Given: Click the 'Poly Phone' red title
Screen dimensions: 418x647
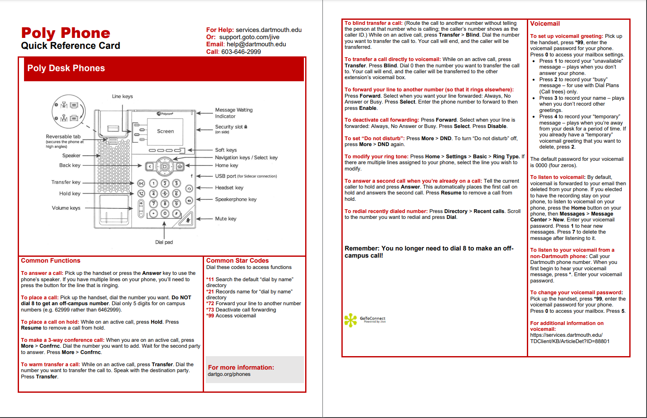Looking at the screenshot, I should pyautogui.click(x=66, y=33).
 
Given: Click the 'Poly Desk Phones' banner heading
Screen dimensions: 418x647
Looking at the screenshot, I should pyautogui.click(x=66, y=68).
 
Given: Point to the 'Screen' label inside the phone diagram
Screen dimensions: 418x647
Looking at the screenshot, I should pyautogui.click(x=165, y=131).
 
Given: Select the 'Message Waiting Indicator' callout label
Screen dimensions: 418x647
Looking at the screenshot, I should pyautogui.click(x=234, y=113).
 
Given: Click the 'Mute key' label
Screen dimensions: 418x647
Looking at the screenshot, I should pyautogui.click(x=226, y=219).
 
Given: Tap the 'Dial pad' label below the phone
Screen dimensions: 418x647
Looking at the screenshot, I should pyautogui.click(x=164, y=242).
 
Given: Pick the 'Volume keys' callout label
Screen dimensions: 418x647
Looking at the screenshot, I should pyautogui.click(x=66, y=208).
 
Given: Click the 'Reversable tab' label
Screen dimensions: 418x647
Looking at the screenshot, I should pyautogui.click(x=63, y=136).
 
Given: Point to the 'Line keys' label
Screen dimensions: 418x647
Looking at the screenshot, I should pyautogui.click(x=122, y=96).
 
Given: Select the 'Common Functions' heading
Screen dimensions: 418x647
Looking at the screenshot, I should pyautogui.click(x=51, y=261).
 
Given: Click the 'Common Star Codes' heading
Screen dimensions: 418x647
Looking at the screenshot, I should pyautogui.click(x=237, y=261).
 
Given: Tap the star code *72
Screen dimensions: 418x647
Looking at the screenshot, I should pyautogui.click(x=210, y=304).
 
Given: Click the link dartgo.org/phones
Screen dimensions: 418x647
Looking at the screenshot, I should pyautogui.click(x=229, y=374).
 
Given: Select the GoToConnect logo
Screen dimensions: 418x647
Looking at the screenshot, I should pyautogui.click(x=365, y=320).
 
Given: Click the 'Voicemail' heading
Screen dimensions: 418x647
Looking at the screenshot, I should pyautogui.click(x=545, y=24).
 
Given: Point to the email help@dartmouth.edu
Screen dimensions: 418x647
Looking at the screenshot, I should pyautogui.click(x=256, y=44).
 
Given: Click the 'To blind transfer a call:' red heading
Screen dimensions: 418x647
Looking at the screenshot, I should pyautogui.click(x=373, y=23).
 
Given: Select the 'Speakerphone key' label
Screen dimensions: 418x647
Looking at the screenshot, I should pyautogui.click(x=236, y=200).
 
